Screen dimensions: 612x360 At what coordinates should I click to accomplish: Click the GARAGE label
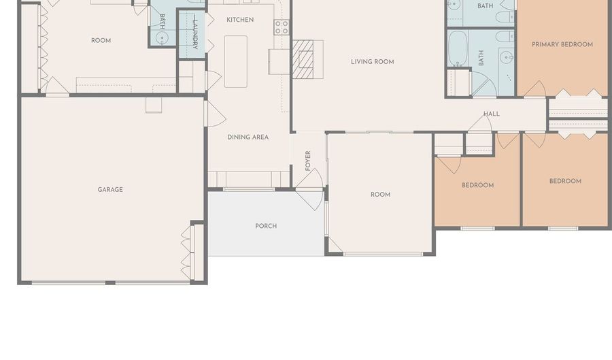(110, 190)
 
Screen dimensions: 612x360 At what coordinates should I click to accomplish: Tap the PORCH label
(266, 226)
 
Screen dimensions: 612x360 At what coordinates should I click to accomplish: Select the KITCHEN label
(240, 20)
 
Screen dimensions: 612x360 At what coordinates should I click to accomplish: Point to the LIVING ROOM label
(373, 62)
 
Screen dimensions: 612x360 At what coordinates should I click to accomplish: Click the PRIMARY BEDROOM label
(562, 44)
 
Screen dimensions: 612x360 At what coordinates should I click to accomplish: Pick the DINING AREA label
(248, 137)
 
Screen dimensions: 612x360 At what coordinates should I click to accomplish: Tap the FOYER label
(308, 161)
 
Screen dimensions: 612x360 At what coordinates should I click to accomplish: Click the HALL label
(492, 114)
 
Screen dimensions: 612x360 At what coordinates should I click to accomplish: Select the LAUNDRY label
(195, 34)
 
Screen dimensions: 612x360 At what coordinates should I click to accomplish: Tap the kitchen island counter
(236, 62)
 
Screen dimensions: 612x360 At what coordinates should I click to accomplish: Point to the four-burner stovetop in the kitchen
(282, 27)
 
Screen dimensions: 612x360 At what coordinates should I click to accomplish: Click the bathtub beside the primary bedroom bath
(458, 48)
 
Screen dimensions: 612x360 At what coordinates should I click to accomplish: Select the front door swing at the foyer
(310, 190)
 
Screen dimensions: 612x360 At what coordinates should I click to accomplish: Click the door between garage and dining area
(215, 114)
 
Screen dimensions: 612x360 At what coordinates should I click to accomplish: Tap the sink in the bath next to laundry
(162, 38)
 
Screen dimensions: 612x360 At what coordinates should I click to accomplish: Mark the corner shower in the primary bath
(484, 84)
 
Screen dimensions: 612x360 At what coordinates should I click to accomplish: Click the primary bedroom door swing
(534, 89)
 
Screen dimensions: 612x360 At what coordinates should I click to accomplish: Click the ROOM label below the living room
(381, 195)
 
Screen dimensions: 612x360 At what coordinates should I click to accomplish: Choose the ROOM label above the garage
(101, 41)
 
